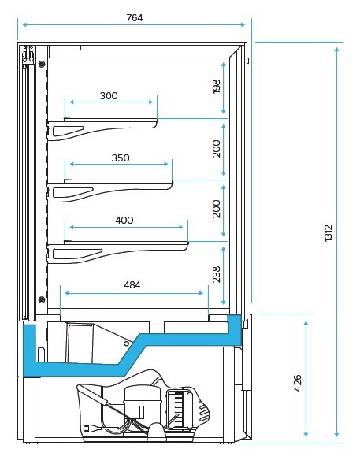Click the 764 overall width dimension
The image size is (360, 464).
click(x=135, y=18)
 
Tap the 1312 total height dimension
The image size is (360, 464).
click(x=328, y=233)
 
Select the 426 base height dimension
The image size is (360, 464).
click(x=298, y=383)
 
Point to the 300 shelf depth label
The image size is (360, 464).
click(x=109, y=95)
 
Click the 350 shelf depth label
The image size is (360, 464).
click(x=121, y=158)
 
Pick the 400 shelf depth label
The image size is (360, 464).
click(x=124, y=220)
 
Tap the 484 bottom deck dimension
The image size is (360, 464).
click(x=132, y=285)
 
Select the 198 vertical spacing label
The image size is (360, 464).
click(x=217, y=87)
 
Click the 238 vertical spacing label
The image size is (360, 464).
click(x=217, y=274)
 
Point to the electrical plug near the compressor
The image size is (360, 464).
click(x=89, y=427)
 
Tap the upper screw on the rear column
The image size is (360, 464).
click(x=42, y=63)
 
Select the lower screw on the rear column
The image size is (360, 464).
click(x=42, y=299)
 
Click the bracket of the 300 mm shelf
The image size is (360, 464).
click(x=102, y=129)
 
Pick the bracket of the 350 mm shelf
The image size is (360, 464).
click(x=109, y=191)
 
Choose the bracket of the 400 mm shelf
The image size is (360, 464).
click(x=117, y=252)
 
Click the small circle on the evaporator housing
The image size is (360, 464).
click(x=126, y=343)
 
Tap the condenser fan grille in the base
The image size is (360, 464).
click(x=180, y=410)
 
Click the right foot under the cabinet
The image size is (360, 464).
click(x=226, y=443)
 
